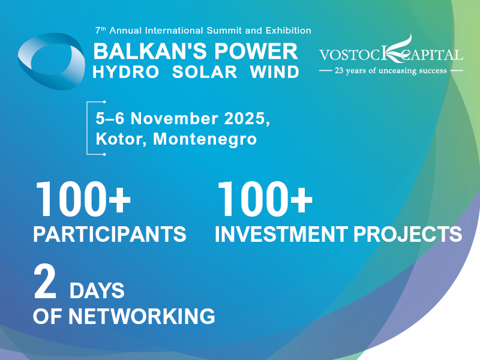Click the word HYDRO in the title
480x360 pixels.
point(126,72)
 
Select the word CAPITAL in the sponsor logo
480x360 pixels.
point(433,55)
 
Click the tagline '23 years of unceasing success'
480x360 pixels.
point(391,71)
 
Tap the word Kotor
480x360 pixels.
point(121,140)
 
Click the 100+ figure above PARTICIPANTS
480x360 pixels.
point(83,200)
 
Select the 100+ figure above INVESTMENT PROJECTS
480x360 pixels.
point(265,200)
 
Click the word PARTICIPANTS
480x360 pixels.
point(110,234)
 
